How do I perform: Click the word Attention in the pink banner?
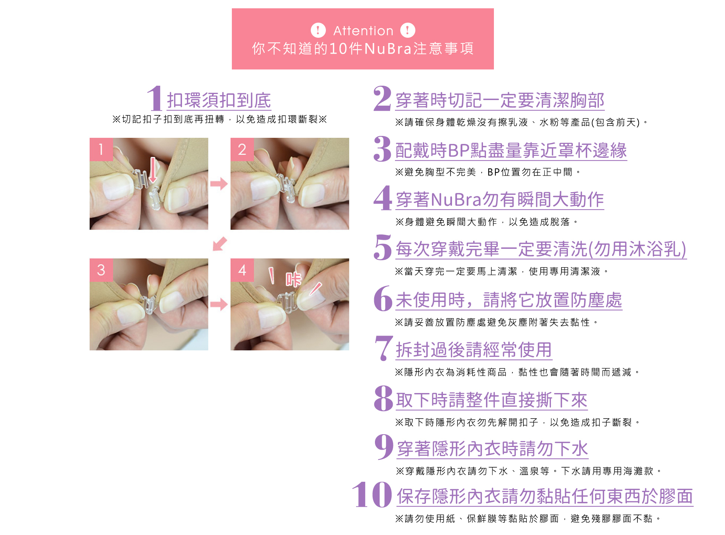(x=363, y=31)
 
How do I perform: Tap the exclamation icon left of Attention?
(x=318, y=30)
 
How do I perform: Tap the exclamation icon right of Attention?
(x=407, y=30)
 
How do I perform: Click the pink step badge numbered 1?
(x=101, y=149)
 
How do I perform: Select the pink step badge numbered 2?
(x=242, y=149)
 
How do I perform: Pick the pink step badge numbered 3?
(x=101, y=270)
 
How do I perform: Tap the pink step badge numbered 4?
(x=242, y=270)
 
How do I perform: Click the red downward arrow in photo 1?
(x=153, y=170)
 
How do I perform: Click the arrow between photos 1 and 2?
(x=219, y=184)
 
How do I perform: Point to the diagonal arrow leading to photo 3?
(x=220, y=244)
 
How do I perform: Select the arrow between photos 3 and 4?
(x=219, y=304)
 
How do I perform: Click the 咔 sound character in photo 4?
(x=293, y=280)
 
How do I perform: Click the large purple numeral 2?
(x=382, y=99)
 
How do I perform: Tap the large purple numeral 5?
(x=383, y=247)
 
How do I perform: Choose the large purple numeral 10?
(x=372, y=494)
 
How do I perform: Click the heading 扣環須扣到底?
(x=219, y=100)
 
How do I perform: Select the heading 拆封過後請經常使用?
(x=474, y=350)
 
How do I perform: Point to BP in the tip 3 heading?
(x=459, y=150)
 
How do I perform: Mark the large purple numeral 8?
(x=383, y=398)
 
